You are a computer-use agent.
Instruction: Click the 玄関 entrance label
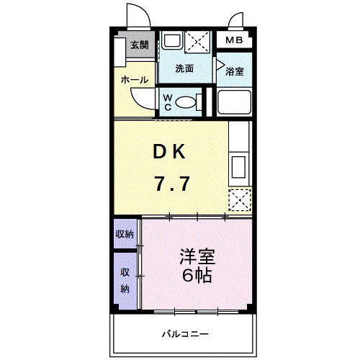pyautogui.click(x=139, y=45)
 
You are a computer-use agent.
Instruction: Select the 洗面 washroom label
pyautogui.click(x=184, y=69)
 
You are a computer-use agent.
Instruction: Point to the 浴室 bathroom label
pyautogui.click(x=233, y=71)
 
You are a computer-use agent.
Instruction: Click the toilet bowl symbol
pyautogui.click(x=186, y=103)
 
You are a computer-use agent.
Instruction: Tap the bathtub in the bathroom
pyautogui.click(x=233, y=103)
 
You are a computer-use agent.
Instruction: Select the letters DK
pyautogui.click(x=170, y=152)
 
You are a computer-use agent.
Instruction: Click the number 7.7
pyautogui.click(x=171, y=184)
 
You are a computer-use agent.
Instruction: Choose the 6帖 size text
pyautogui.click(x=196, y=275)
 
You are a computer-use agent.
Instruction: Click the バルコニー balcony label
pyautogui.click(x=184, y=333)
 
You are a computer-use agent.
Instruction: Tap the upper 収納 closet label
pyautogui.click(x=125, y=234)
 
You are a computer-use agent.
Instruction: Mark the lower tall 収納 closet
pyautogui.click(x=125, y=280)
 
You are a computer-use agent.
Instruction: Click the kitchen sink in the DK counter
pyautogui.click(x=239, y=168)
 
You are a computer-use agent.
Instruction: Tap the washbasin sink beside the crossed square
pyautogui.click(x=171, y=41)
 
